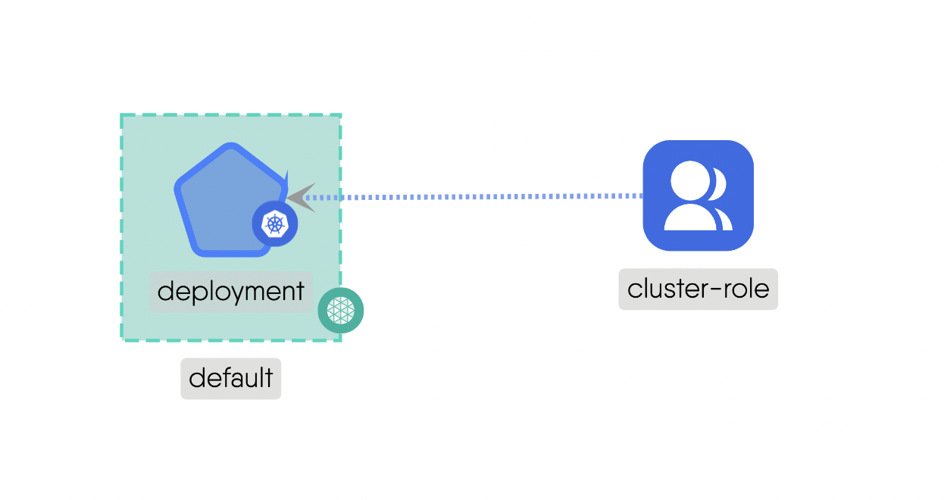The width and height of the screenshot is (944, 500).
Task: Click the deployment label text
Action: [x=231, y=292]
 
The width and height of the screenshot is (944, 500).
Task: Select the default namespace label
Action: [x=230, y=378]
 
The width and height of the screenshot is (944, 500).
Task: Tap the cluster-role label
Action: [x=698, y=289]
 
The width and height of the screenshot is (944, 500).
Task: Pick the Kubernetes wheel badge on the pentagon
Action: [x=274, y=223]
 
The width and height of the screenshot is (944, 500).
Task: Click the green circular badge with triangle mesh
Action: [x=341, y=311]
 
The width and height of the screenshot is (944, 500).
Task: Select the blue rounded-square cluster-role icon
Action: [x=698, y=195]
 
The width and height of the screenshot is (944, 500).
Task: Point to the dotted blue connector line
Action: [x=477, y=197]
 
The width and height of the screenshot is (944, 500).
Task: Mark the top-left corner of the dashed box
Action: [x=122, y=116]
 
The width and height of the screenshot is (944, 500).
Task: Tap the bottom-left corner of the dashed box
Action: [x=122, y=339]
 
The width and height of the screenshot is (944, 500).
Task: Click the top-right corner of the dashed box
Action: [x=340, y=116]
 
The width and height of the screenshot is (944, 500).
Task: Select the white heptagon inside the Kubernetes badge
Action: [x=274, y=223]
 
